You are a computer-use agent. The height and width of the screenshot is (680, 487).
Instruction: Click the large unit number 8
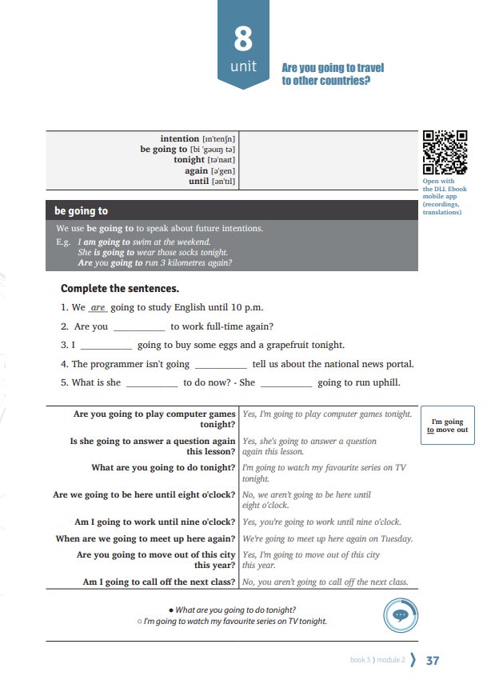pos(243,38)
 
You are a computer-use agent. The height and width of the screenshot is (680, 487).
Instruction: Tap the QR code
pos(445,153)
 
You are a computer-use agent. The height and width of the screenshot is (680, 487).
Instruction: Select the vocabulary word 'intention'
pos(180,139)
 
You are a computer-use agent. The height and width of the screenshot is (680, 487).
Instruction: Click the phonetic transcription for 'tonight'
pos(220,160)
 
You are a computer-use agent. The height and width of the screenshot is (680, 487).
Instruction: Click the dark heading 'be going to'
pos(82,211)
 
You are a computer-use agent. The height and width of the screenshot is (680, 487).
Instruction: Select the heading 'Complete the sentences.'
pos(120,288)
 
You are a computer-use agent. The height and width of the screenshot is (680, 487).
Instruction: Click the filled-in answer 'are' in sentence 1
pos(98,307)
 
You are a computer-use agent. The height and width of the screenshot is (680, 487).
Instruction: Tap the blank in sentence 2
pos(139,327)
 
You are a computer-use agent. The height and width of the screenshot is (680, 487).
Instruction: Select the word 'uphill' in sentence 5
pos(382,382)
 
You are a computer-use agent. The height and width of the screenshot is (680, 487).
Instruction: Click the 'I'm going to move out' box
pos(448,426)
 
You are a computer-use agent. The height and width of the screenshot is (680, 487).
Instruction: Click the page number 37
pos(433,661)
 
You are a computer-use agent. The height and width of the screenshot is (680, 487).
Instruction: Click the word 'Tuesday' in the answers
pos(396,539)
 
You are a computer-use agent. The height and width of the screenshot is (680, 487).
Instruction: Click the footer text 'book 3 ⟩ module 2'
pos(377,661)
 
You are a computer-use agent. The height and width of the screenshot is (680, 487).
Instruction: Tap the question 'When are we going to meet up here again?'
pos(146,539)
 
